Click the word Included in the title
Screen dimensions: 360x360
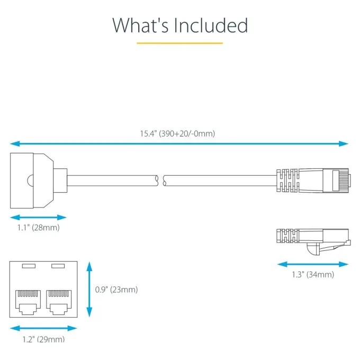point(211,25)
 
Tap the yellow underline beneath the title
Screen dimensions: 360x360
point(180,43)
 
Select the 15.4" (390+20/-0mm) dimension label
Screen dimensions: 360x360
point(177,133)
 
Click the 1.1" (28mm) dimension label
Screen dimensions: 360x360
point(39,228)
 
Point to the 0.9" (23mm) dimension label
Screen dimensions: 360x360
point(116,290)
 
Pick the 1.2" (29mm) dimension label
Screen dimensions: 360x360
point(43,339)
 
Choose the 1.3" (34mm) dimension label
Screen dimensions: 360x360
point(313,274)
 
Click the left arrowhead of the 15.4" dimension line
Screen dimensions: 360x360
point(15,144)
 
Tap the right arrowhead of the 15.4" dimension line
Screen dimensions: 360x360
point(344,144)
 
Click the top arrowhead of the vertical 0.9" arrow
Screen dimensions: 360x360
point(89,266)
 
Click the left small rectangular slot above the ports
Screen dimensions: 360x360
point(29,266)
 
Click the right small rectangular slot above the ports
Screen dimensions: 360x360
point(58,266)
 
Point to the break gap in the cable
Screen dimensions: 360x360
point(161,181)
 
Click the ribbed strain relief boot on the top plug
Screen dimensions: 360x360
point(287,181)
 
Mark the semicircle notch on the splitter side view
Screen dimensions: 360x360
point(30,181)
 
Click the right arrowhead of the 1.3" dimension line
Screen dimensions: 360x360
point(344,264)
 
